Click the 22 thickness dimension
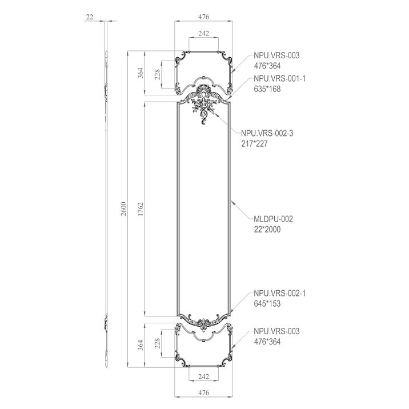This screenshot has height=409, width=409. pos(90,17)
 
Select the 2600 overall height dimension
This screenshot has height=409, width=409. pos(123,208)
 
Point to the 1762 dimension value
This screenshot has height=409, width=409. pos(141,209)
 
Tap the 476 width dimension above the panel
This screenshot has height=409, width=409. pos(204,17)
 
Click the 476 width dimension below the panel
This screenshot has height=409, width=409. pos(204,392)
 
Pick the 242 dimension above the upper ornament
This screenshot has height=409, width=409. pos(204,33)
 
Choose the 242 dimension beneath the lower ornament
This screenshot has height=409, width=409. pos(204,376)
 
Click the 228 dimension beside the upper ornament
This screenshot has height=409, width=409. pos(157,75)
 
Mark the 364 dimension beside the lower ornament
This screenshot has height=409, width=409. pos(141,345)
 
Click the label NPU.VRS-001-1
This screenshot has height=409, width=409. pos(279,78)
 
